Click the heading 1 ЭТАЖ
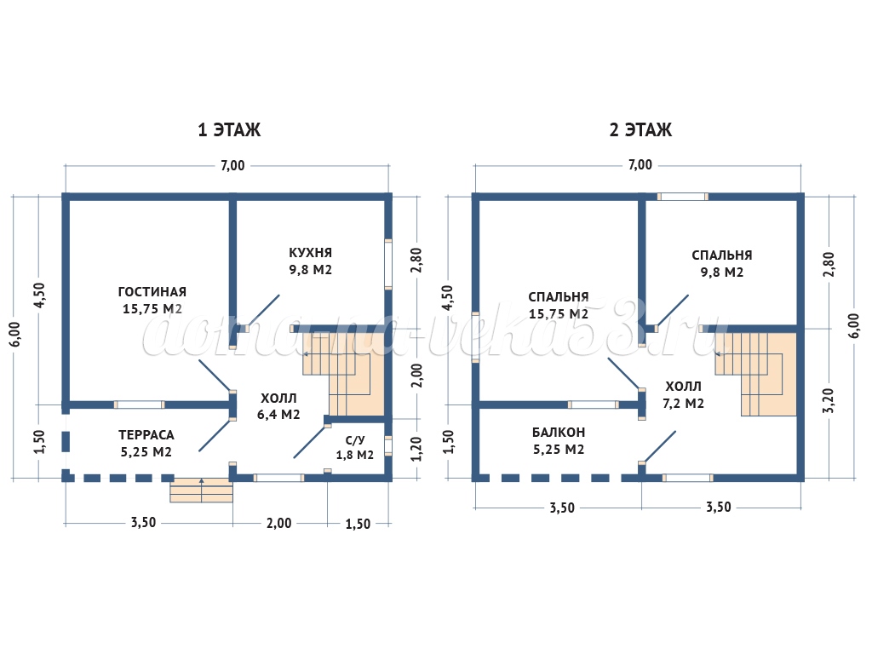pos(229,130)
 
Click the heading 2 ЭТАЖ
pos(640,130)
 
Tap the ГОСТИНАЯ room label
pos(152,292)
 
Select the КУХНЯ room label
pos(310,253)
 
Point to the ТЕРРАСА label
pos(146,434)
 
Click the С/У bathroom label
pos(355,440)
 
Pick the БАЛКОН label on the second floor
pos(559,433)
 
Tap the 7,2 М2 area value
pos(685,403)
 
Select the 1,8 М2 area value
pos(354,455)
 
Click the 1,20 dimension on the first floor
pos(416,448)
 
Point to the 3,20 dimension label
pos(830,400)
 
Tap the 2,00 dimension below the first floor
pos(279,523)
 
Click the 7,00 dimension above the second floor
pos(640,165)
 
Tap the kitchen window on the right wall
pos(388,264)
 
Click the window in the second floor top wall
pos(683,197)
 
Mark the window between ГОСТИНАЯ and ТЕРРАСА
pos(140,404)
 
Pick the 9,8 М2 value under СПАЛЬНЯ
pos(722,272)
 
